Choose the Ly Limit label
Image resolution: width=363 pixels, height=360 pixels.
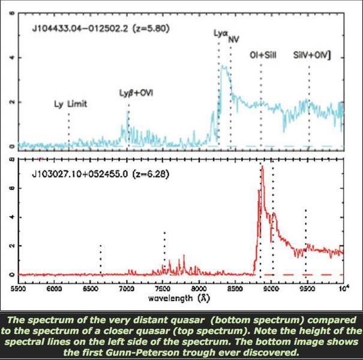click(69, 104)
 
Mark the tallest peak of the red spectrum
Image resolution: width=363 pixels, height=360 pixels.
click(262, 167)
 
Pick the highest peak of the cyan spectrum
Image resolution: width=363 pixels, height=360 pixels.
click(223, 66)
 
